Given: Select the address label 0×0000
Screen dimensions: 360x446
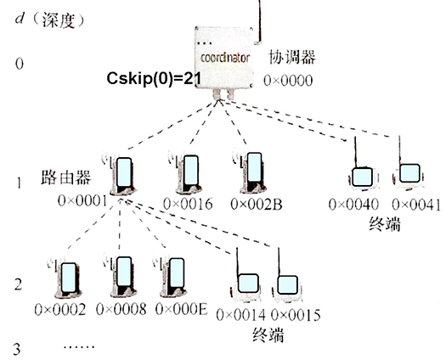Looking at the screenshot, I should [x=290, y=81].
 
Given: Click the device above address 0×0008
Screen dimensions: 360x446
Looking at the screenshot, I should [x=118, y=276].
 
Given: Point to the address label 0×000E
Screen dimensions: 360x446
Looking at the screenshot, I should [x=174, y=308].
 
